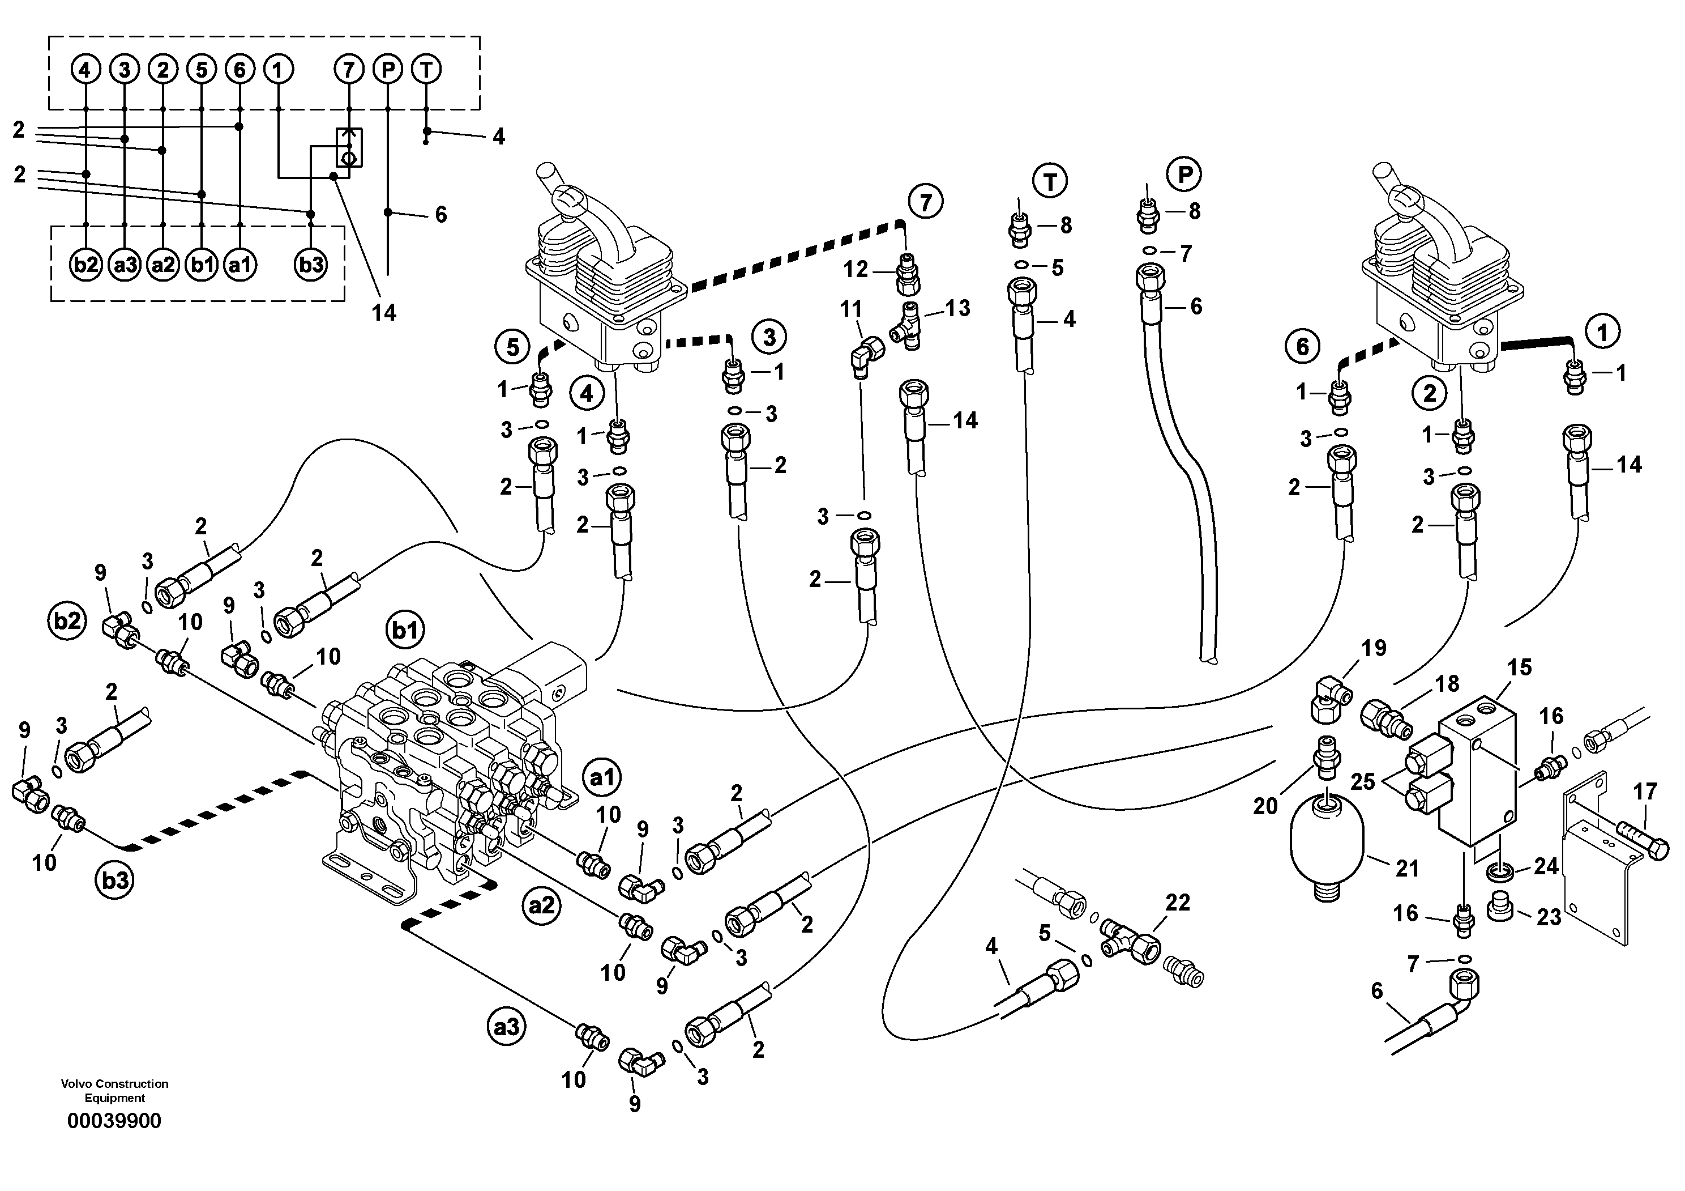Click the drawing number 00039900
tap(114, 1121)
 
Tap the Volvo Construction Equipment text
tap(114, 1090)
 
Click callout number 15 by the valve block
tap(1520, 667)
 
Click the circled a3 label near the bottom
tap(506, 1027)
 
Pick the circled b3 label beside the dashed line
tap(115, 881)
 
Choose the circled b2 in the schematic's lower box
tap(86, 265)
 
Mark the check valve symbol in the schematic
tap(349, 147)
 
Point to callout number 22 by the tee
tap(1177, 903)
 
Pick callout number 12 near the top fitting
tap(856, 270)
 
